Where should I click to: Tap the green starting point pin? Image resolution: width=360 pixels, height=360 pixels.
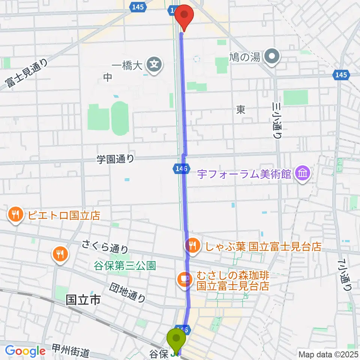[x=175, y=340]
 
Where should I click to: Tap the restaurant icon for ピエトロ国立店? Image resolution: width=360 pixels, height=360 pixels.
[x=15, y=215]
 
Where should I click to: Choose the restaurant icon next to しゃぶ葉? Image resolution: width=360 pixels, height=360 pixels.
[x=192, y=246]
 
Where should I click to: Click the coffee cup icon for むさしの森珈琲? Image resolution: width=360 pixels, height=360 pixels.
[x=185, y=279]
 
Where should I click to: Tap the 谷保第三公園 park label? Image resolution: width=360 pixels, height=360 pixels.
[x=124, y=266]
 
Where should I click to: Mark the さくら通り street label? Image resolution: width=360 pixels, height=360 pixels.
[x=106, y=248]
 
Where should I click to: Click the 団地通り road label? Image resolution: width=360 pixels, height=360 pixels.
[x=127, y=292]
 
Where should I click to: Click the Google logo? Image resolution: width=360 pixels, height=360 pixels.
[x=25, y=351]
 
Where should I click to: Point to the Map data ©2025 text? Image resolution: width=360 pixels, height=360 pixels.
[x=328, y=354]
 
